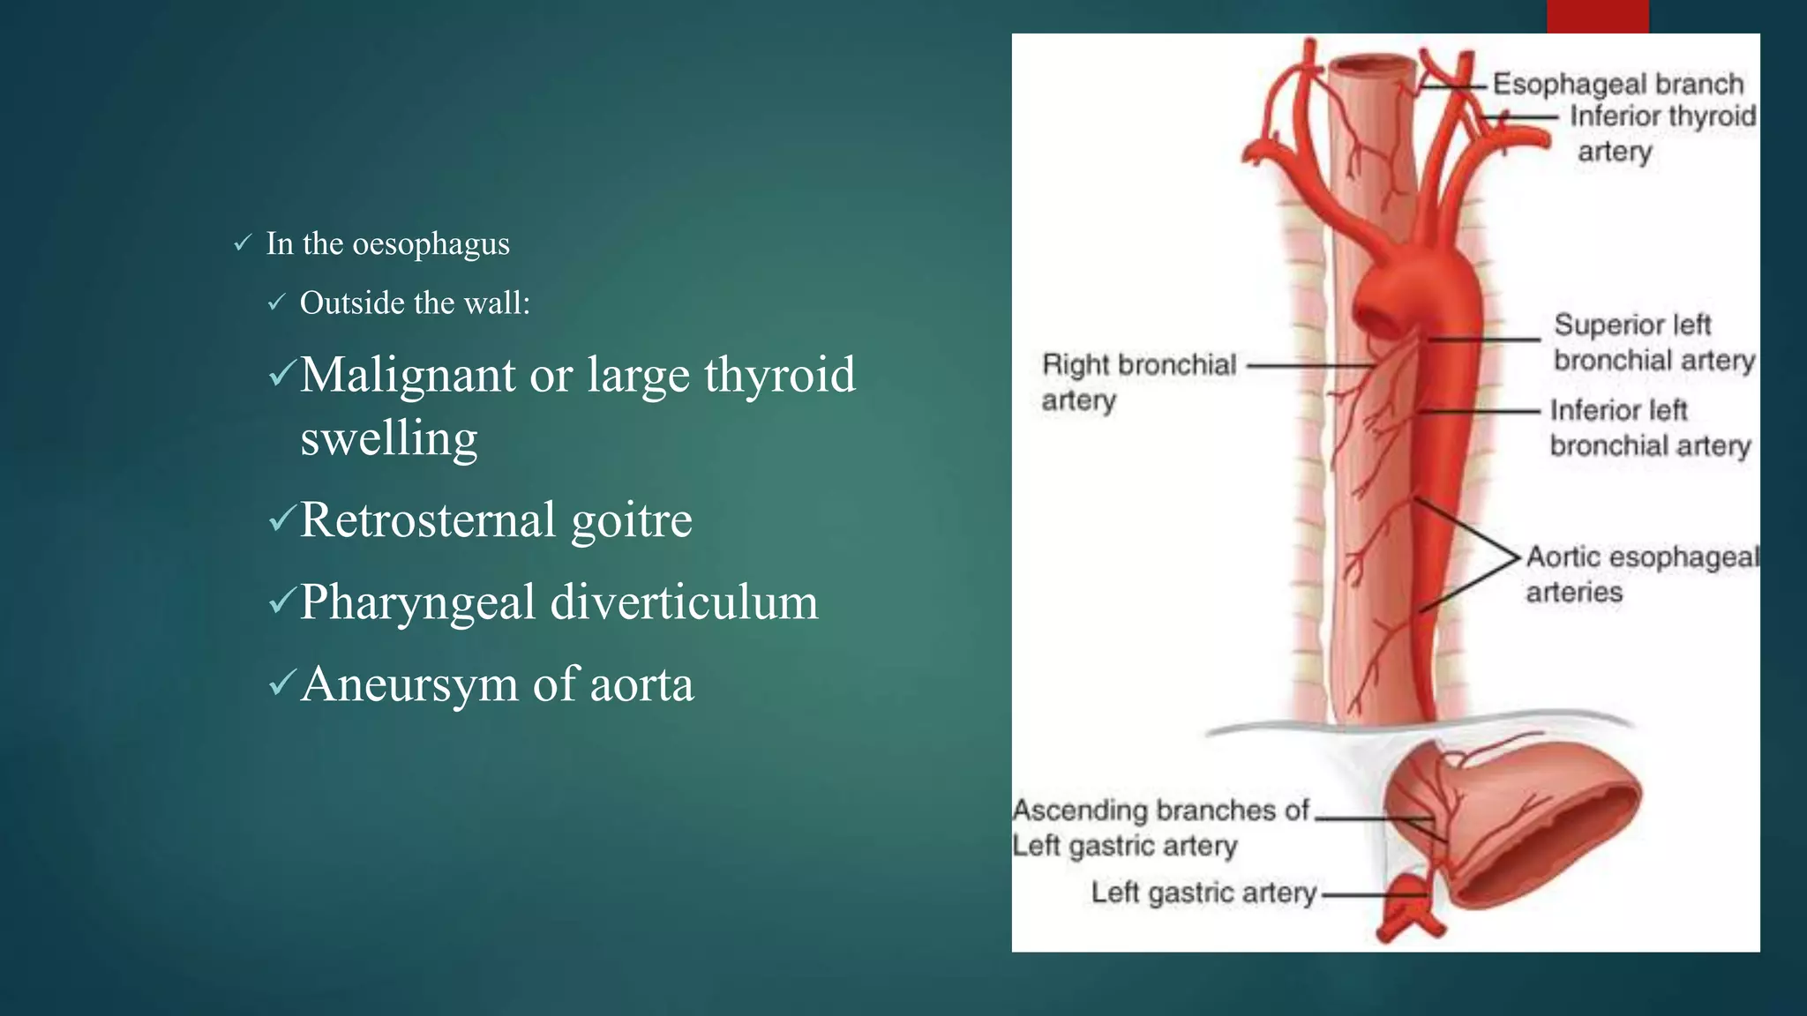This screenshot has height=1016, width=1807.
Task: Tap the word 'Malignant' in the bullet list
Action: pyautogui.click(x=407, y=375)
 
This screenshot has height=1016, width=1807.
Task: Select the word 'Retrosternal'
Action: pyautogui.click(x=428, y=519)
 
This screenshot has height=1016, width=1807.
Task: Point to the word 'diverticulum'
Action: pyautogui.click(x=684, y=602)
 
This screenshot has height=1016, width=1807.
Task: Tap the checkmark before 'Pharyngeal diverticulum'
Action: pyautogui.click(x=281, y=601)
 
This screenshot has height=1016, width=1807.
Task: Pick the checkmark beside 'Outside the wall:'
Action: pyautogui.click(x=277, y=303)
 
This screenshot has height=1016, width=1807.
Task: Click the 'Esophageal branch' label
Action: pyautogui.click(x=1617, y=84)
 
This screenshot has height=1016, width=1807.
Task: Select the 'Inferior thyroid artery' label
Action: pyautogui.click(x=1661, y=132)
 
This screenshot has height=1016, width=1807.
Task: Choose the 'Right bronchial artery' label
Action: pyautogui.click(x=1138, y=381)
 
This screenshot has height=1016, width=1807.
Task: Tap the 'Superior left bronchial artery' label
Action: pyautogui.click(x=1653, y=342)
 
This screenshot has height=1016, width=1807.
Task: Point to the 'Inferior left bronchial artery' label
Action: pyautogui.click(x=1649, y=428)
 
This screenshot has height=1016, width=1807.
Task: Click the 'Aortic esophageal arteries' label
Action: pyautogui.click(x=1641, y=573)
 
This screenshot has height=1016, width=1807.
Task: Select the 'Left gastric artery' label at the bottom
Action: pyautogui.click(x=1203, y=893)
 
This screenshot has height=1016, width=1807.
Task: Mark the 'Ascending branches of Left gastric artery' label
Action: pyautogui.click(x=1159, y=827)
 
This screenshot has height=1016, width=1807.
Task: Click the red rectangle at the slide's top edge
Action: pyautogui.click(x=1597, y=16)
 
